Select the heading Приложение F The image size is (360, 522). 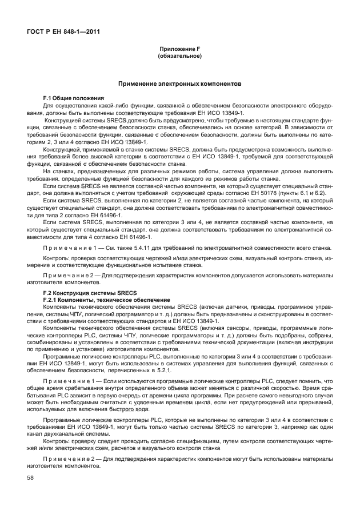[x=179, y=50]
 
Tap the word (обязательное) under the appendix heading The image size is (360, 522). [x=179, y=56]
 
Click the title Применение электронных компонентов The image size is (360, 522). [x=179, y=84]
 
